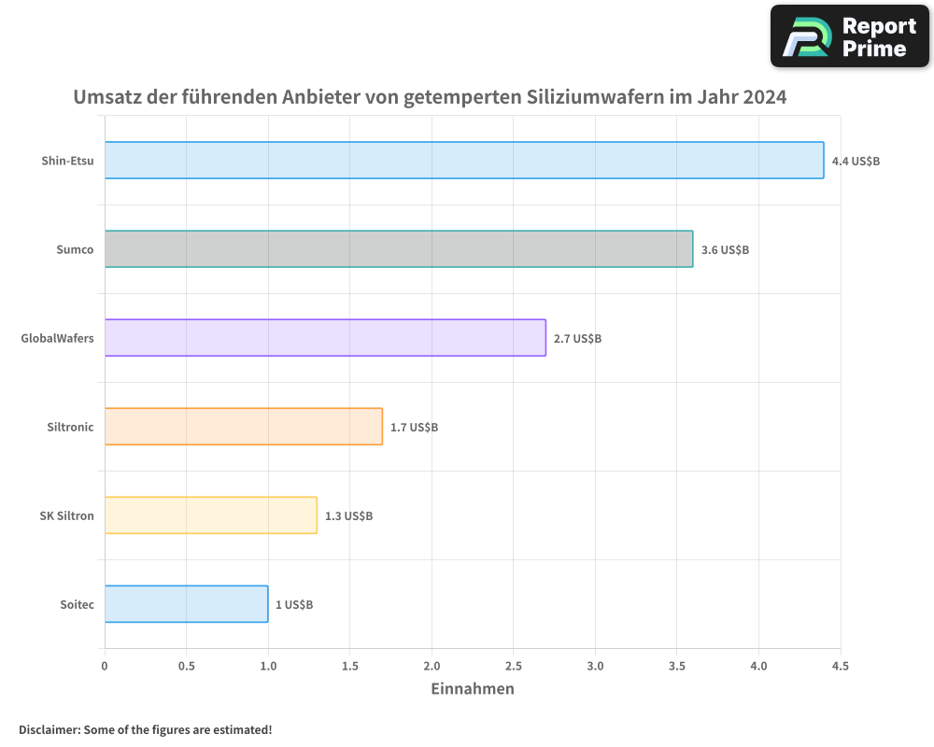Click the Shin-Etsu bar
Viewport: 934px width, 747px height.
click(464, 161)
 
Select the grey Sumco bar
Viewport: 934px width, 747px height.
click(399, 249)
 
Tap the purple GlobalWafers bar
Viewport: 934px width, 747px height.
click(325, 338)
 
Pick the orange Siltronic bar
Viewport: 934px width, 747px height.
click(244, 427)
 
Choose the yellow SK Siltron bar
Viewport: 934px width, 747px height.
click(211, 515)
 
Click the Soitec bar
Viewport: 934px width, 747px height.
click(187, 604)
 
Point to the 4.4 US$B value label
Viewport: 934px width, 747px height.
click(856, 162)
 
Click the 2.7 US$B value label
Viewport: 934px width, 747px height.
click(577, 339)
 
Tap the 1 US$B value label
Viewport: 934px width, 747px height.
click(294, 605)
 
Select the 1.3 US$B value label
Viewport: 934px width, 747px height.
click(348, 516)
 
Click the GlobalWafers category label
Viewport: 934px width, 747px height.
click(58, 338)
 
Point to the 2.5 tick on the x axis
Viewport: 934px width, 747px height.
click(514, 666)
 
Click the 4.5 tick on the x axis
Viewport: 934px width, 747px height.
click(841, 666)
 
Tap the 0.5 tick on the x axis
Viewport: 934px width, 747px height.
click(187, 666)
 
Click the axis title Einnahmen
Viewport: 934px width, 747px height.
click(473, 689)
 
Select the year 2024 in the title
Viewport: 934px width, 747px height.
click(765, 97)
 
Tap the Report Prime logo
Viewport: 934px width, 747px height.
click(850, 36)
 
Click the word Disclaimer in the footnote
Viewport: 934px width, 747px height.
click(48, 729)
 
